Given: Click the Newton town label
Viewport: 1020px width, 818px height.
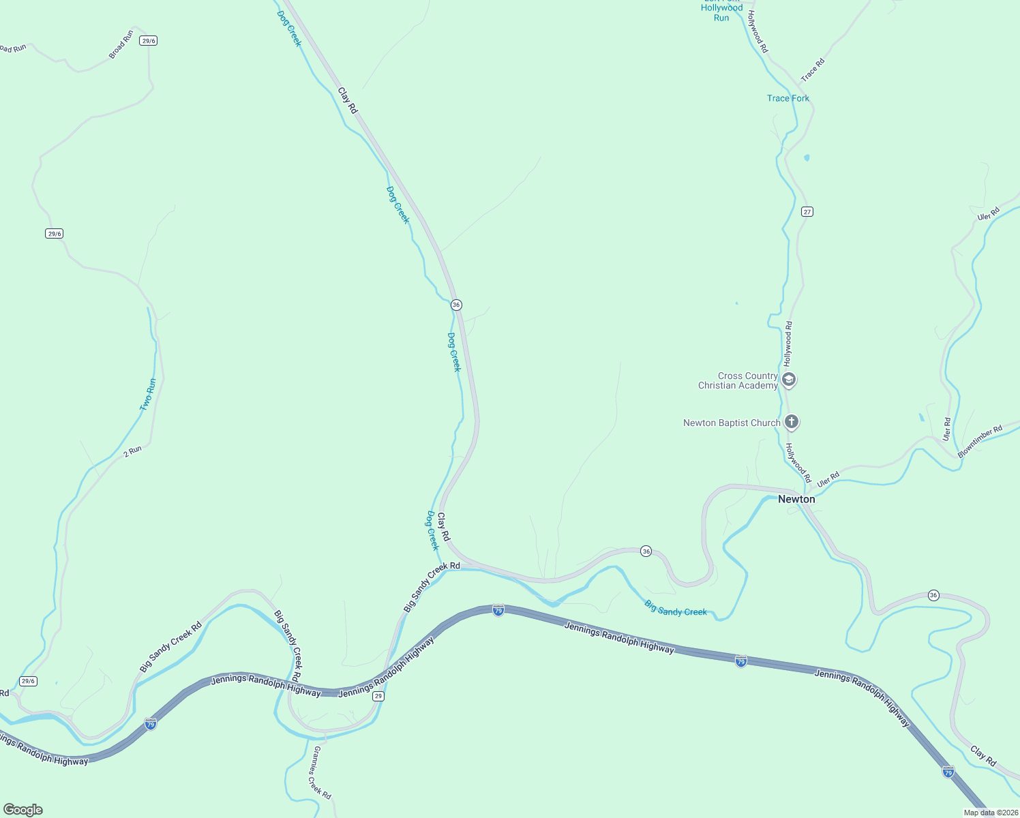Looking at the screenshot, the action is (796, 499).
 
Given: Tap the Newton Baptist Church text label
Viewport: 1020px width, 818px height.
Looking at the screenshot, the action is (731, 423).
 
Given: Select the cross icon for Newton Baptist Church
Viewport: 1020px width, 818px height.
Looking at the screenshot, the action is (792, 422).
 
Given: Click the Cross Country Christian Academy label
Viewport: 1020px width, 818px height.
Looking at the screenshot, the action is (738, 380).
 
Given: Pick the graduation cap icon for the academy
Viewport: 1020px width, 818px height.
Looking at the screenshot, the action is (789, 380).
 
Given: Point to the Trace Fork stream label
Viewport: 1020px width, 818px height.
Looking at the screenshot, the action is (787, 98).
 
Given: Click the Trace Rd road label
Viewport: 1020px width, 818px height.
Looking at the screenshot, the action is (813, 70).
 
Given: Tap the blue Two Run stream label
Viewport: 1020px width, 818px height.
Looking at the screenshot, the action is (148, 395).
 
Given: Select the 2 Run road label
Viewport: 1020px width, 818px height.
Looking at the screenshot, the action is (132, 451).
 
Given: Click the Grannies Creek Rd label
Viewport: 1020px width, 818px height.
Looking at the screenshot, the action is (322, 772).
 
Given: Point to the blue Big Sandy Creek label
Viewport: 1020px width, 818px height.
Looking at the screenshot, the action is (676, 608).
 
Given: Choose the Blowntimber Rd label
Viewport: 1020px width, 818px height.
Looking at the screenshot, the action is (980, 441).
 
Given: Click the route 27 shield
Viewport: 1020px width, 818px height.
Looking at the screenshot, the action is (807, 211).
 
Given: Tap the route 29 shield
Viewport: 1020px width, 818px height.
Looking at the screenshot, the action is (378, 696).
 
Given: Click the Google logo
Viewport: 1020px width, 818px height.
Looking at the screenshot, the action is (23, 810).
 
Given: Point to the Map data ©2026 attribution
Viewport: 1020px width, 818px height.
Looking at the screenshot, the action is (990, 813).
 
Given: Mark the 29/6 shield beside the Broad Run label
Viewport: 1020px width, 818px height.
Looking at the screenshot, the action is (148, 41).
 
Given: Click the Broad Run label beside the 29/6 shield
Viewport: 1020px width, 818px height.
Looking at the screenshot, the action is (121, 44).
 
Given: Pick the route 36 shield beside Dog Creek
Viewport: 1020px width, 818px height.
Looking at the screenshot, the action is (456, 305).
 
